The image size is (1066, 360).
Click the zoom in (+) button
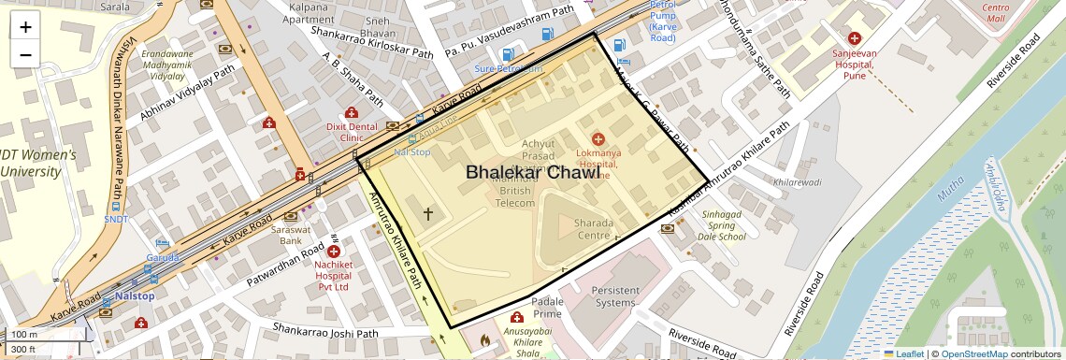(x=25, y=26)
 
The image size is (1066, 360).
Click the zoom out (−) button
(x=25, y=54)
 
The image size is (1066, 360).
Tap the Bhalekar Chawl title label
(x=532, y=173)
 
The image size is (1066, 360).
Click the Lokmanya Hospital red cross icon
(x=598, y=139)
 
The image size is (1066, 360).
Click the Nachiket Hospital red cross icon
(x=334, y=252)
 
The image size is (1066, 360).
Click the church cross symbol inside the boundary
(x=428, y=215)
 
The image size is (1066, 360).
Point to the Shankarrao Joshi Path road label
(x=325, y=332)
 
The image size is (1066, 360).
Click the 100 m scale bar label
(x=24, y=335)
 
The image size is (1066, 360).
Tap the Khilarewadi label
(x=798, y=182)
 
